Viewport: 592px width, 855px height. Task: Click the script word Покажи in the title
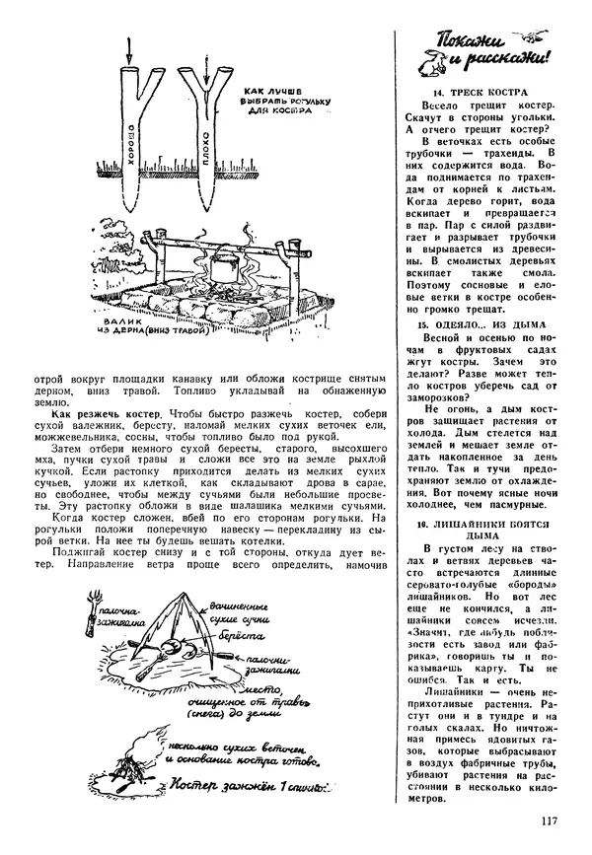click(460, 43)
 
